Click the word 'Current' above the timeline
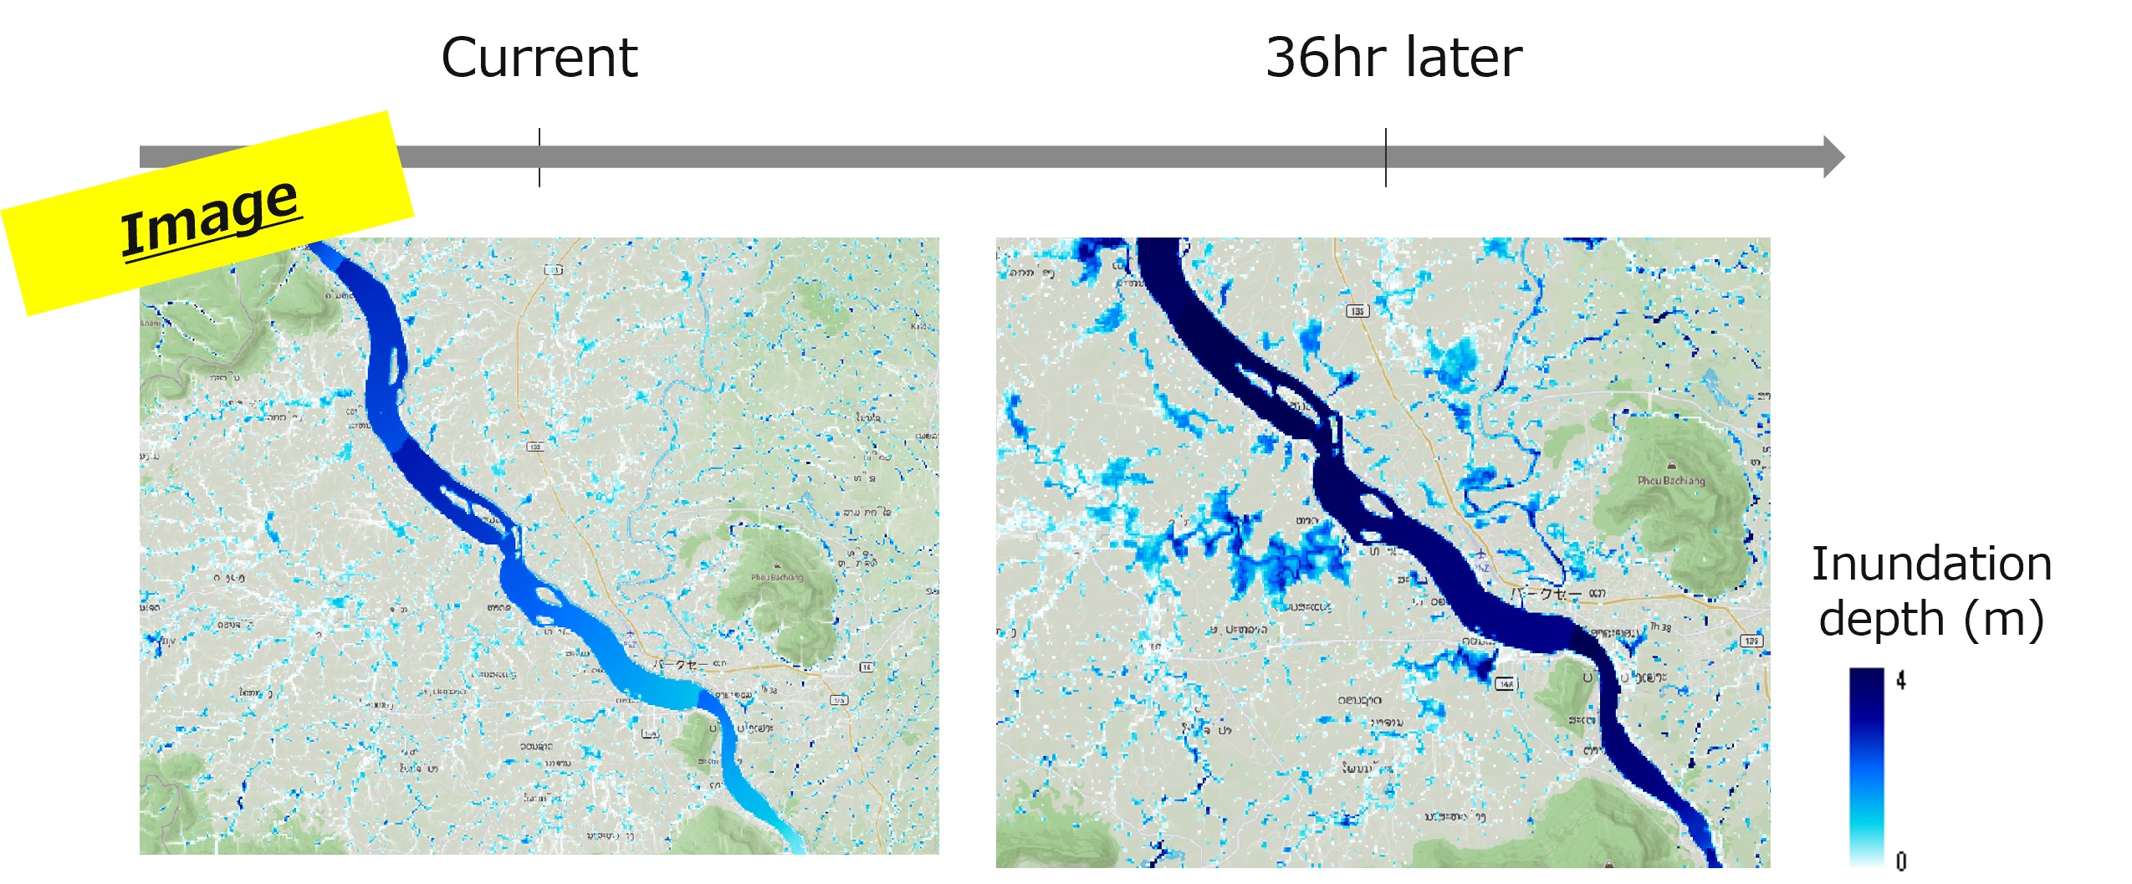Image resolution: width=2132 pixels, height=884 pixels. pos(539,58)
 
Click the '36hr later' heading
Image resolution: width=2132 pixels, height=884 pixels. pos(1393,58)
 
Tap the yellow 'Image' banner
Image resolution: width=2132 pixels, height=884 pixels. pos(209,214)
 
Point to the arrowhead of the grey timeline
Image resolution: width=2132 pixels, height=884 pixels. pos(1832,156)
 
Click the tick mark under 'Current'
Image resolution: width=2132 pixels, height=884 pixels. pos(539,157)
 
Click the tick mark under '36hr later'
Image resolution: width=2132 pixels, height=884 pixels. pos(1386,157)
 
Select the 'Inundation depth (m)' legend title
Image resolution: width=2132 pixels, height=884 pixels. pos(1930,590)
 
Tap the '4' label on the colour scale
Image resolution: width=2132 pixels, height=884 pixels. pos(1900,681)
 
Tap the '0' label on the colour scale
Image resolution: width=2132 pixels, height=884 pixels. pos(1900,861)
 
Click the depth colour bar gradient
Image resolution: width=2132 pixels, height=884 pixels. pos(1866,765)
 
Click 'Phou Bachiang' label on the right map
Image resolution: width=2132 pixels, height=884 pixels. pos(1670,481)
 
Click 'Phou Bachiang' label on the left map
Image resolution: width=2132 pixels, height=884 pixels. pos(776,577)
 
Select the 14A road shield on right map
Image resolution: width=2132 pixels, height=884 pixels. pos(1506,683)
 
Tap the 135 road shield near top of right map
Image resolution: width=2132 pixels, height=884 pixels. pos(1357,311)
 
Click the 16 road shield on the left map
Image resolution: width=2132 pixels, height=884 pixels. pos(867,667)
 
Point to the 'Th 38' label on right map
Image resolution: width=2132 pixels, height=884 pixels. pos(1660,626)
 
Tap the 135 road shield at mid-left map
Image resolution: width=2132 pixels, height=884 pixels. pos(534,446)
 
